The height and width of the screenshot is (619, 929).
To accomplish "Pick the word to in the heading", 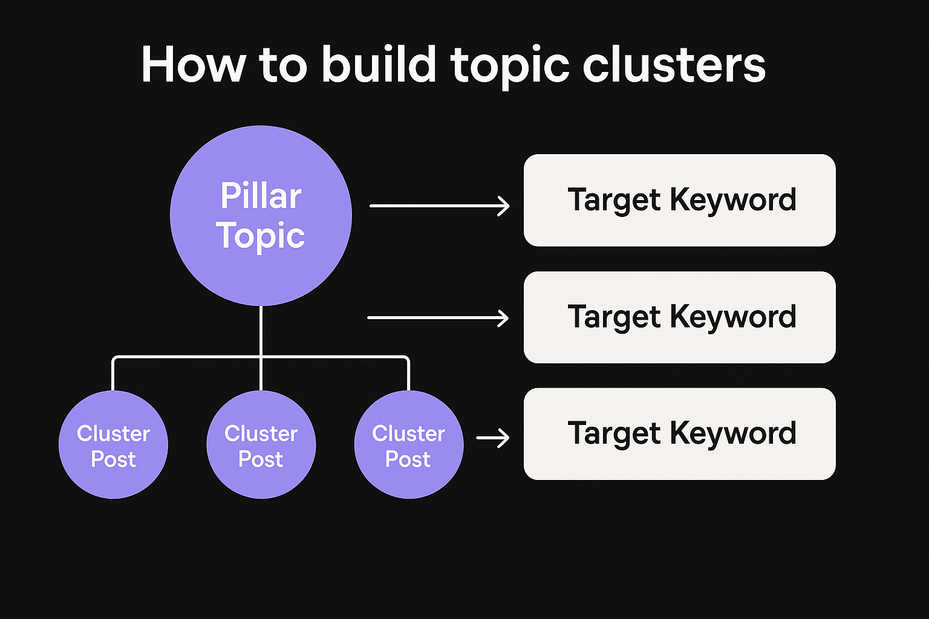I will coord(283,65).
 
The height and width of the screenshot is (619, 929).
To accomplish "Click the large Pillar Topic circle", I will coord(261,266).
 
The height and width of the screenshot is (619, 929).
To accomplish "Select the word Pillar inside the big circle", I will coord(261,196).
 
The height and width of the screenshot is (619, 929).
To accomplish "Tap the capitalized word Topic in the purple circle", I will coord(261,235).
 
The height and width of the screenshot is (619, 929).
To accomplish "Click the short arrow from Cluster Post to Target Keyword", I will coord(492,438).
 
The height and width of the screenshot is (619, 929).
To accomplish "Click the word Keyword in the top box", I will coord(733,199).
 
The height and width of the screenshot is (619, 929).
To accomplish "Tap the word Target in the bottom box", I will coord(614,434).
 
